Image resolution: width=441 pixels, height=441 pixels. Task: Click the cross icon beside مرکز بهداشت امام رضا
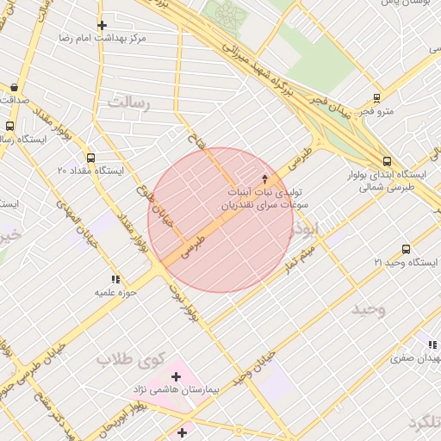pyautogui.click(x=102, y=25)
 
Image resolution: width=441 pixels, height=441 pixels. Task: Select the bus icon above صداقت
pyautogui.click(x=14, y=87)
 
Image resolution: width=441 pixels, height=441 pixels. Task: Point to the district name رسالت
pyautogui.click(x=128, y=103)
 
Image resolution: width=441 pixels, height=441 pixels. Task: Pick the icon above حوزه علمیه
pyautogui.click(x=115, y=279)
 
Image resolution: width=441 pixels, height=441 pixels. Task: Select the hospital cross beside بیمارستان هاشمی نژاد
pyautogui.click(x=177, y=376)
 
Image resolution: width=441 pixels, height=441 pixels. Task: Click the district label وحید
pyautogui.click(x=368, y=307)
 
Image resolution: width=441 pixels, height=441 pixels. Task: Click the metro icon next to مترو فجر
pyautogui.click(x=376, y=98)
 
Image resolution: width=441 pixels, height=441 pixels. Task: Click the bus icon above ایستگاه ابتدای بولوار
pyautogui.click(x=385, y=160)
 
